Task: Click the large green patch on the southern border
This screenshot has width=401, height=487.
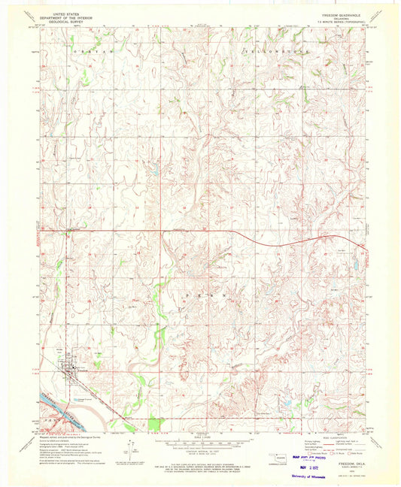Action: click(156, 425)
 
